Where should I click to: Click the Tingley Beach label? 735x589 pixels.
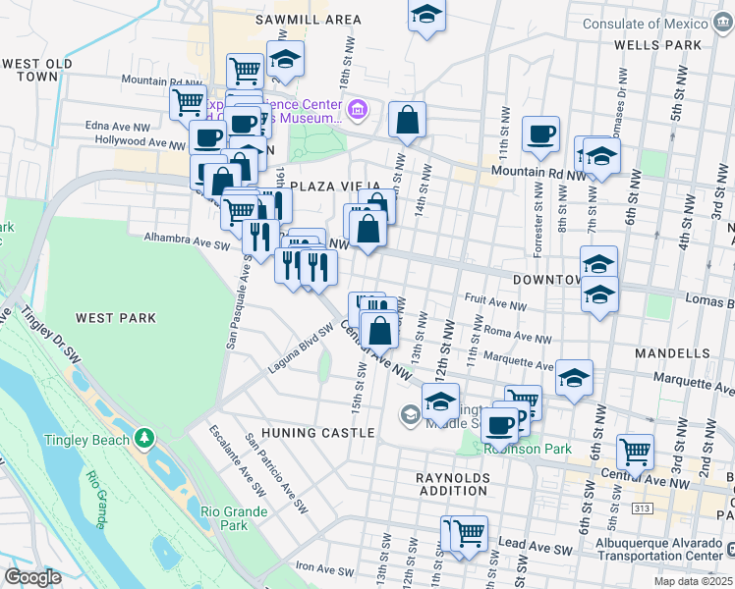pyautogui.click(x=86, y=440)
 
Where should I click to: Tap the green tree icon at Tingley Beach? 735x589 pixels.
pyautogui.click(x=144, y=436)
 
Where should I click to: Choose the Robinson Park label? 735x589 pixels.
pyautogui.click(x=528, y=449)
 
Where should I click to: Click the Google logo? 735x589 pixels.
pyautogui.click(x=32, y=577)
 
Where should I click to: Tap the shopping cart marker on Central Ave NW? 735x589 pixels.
pyautogui.click(x=636, y=452)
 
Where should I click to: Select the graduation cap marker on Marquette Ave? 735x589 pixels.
pyautogui.click(x=574, y=378)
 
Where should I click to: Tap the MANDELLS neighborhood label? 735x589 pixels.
pyautogui.click(x=679, y=352)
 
